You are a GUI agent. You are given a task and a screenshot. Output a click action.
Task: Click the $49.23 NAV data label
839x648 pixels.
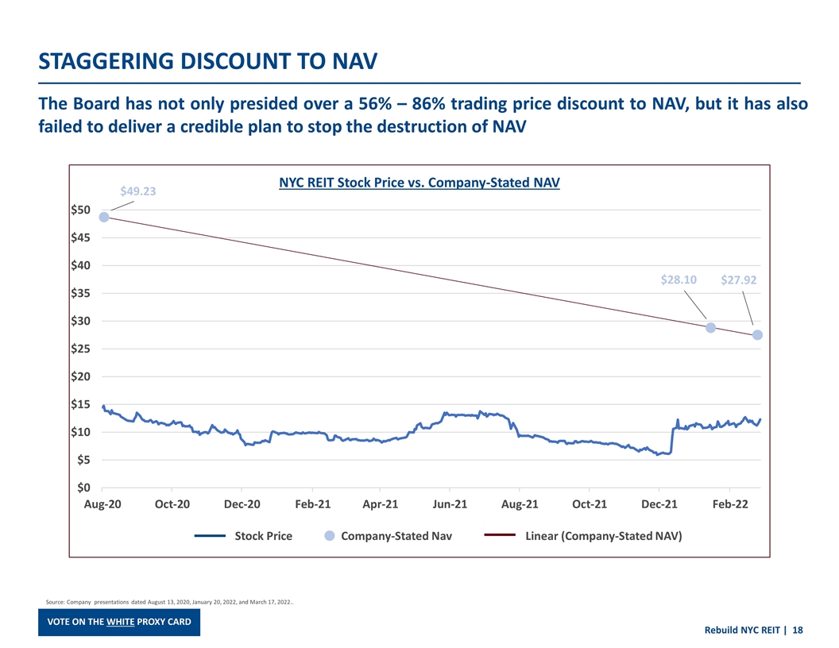click(137, 191)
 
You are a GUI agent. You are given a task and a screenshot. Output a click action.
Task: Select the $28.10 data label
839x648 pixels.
click(679, 280)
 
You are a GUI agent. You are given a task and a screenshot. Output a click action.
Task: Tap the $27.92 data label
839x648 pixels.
click(738, 280)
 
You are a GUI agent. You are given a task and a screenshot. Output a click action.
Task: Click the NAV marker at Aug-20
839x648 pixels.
click(104, 217)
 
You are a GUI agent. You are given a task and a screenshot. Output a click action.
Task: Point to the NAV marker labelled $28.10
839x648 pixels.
click(711, 328)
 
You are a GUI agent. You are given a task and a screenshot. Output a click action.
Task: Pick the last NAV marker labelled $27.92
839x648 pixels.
click(758, 335)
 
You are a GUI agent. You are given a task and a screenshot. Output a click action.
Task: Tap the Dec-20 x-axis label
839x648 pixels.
click(242, 505)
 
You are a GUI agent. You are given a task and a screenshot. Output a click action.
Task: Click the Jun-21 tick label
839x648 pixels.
click(450, 505)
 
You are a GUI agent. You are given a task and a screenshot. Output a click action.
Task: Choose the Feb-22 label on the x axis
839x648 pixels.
click(729, 505)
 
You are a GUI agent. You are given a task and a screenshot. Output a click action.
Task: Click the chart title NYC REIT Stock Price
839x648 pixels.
click(419, 183)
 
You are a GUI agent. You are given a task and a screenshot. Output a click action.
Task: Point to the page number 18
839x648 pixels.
click(798, 631)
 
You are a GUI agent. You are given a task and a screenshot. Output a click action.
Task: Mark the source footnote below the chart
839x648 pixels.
click(170, 602)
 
